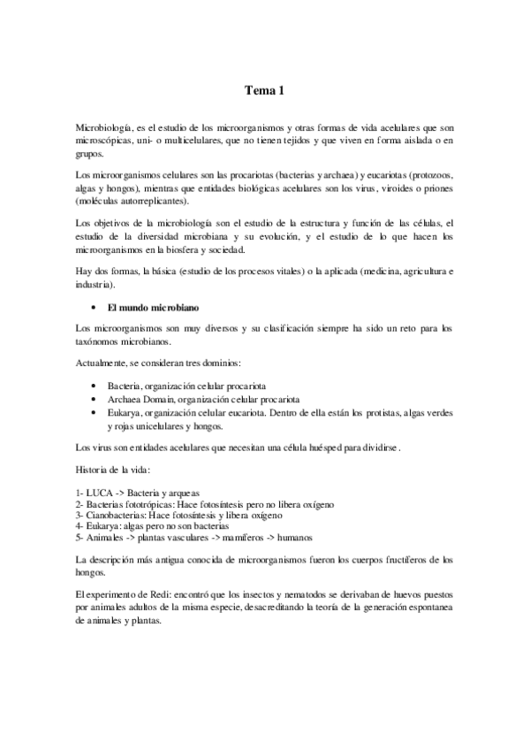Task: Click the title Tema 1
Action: point(265,89)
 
